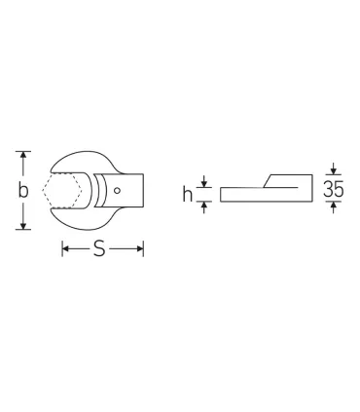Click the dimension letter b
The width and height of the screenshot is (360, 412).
[x=21, y=190]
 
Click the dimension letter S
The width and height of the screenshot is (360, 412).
[x=100, y=250]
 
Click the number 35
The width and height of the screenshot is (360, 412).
[x=334, y=190]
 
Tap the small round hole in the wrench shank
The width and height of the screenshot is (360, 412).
[x=119, y=191]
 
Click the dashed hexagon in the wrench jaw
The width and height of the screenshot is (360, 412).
[x=58, y=191]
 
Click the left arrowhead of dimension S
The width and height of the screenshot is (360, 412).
[x=66, y=249]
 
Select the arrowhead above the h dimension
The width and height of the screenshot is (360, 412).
[x=205, y=181]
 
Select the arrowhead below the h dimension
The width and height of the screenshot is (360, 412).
[x=205, y=205]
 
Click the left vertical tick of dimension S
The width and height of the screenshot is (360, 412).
[x=62, y=249]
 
